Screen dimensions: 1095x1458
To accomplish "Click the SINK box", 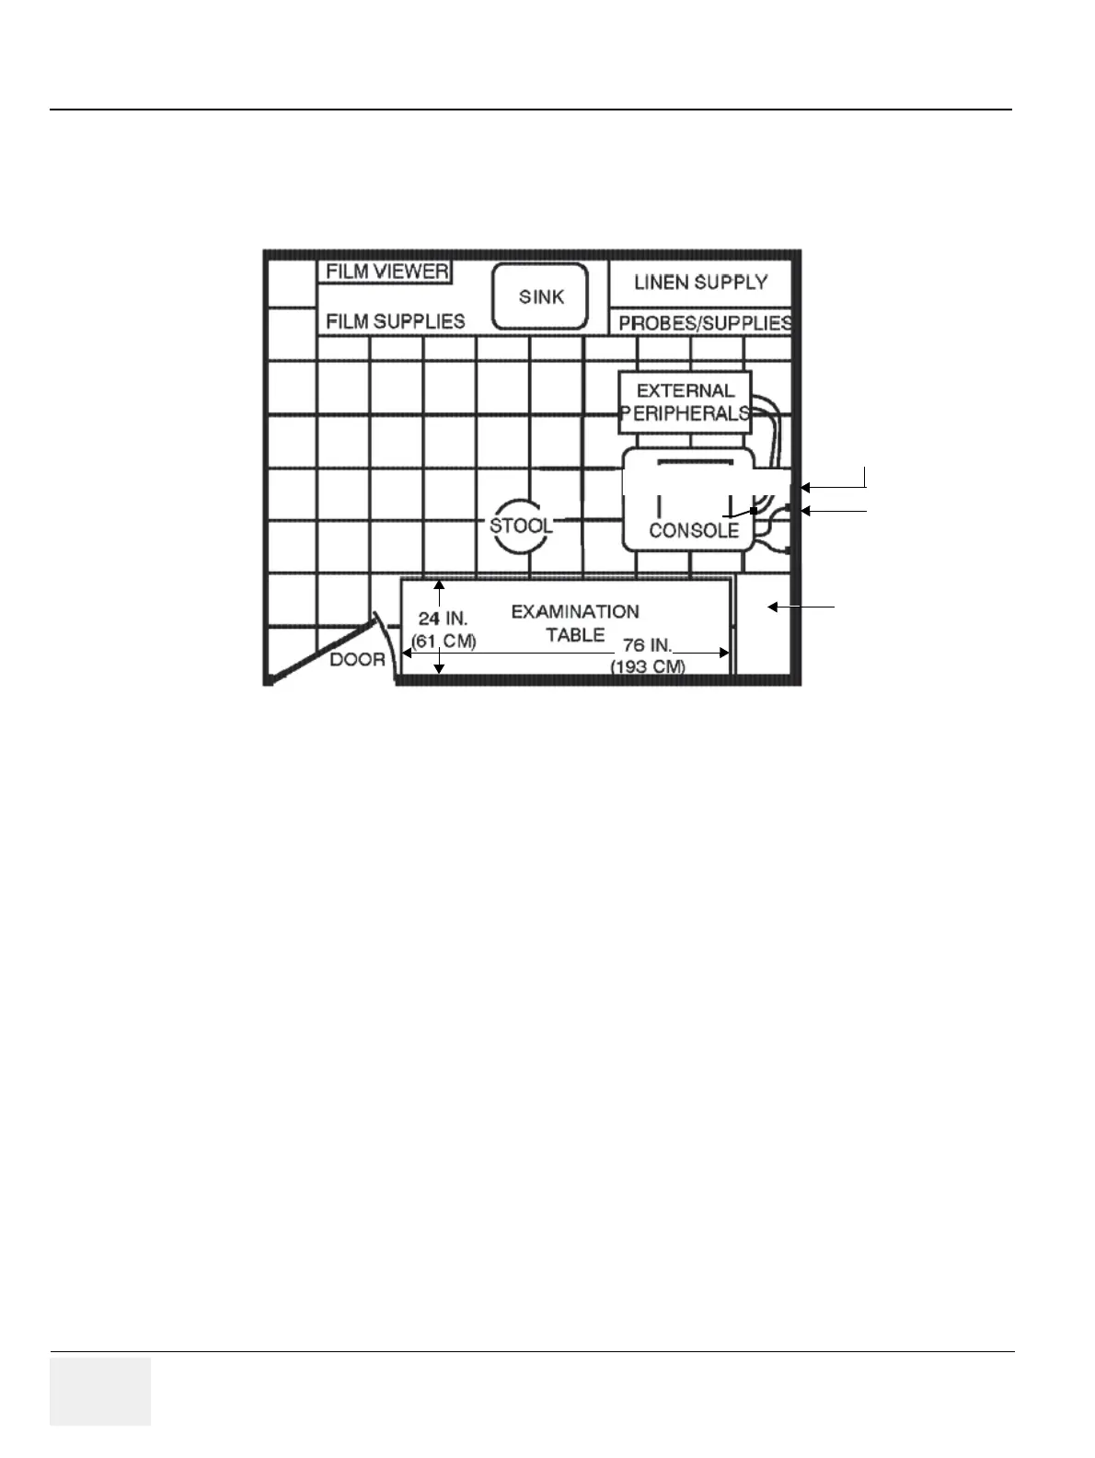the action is tap(540, 297).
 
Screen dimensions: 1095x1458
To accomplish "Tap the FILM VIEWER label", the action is tap(387, 272).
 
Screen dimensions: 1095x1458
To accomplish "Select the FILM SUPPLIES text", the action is tap(396, 321).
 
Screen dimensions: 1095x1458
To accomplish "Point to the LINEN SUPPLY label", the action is tap(700, 283).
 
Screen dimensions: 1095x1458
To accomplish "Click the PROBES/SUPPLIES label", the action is tap(705, 323).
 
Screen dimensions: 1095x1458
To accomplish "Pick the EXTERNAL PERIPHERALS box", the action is tap(686, 402).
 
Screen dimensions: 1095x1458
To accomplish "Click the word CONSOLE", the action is tap(694, 531).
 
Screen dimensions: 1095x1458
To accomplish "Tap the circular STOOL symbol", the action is tap(521, 526).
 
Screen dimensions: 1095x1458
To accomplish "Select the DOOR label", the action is tap(358, 659).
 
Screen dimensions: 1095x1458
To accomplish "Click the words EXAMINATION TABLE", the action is tap(574, 623).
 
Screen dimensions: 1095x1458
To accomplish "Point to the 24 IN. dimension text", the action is tap(443, 619).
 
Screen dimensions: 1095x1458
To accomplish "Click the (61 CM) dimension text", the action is tap(444, 642).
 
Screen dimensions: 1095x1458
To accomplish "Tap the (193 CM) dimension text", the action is tap(648, 666).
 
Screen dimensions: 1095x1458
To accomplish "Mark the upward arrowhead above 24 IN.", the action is tap(440, 584).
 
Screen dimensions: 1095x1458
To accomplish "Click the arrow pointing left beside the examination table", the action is tap(801, 607).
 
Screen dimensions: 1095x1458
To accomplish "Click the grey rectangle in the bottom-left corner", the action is tap(99, 1391).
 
